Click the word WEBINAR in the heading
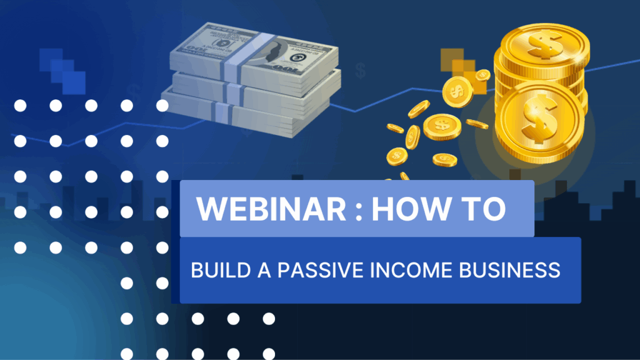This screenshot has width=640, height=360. click(271, 209)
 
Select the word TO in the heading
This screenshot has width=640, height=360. click(485, 209)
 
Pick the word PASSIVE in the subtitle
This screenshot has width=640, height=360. click(321, 270)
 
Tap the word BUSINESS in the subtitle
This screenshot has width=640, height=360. click(509, 270)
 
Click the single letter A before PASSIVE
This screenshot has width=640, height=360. click(264, 270)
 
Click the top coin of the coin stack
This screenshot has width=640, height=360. click(545, 46)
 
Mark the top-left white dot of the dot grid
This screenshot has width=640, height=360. click(20, 106)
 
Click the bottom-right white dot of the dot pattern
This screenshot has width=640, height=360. click(269, 354)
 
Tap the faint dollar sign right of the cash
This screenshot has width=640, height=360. click(361, 71)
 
